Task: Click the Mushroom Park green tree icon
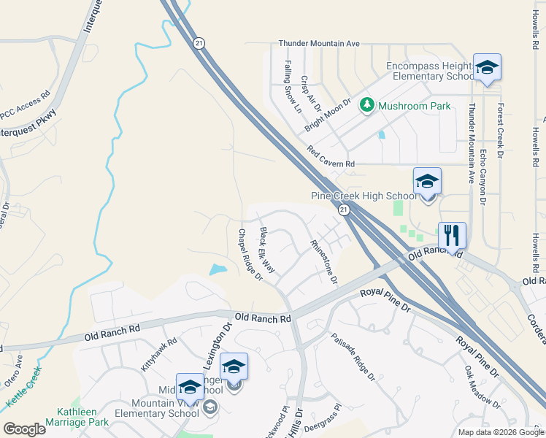click(x=367, y=107)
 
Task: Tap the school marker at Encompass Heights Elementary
click(x=487, y=68)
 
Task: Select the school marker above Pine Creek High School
click(x=427, y=182)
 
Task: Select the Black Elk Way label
click(x=268, y=250)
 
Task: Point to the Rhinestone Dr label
click(x=324, y=261)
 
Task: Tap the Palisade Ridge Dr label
click(x=353, y=357)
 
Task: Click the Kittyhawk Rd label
click(x=158, y=355)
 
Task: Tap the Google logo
click(x=24, y=429)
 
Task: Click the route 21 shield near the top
click(x=199, y=44)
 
